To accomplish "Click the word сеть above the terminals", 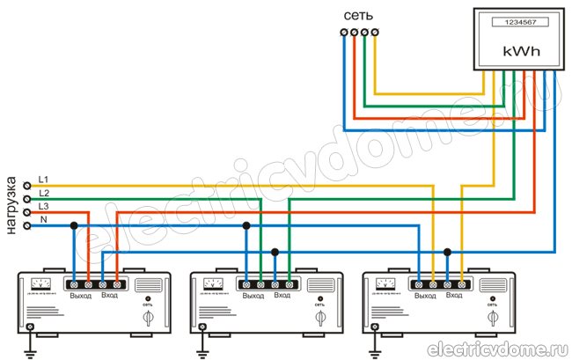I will coord(359,16).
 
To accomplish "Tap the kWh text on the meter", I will coord(517,52).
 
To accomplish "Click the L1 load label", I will coord(44,179).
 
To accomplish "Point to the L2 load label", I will coord(44,192).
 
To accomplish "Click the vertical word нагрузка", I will coord(11,203).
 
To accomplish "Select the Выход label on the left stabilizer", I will coord(81,295).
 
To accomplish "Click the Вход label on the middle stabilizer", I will coord(282,295).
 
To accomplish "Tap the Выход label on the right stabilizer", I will coord(425,295).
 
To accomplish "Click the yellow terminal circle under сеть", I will coord(376,33).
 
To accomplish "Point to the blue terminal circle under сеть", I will coord(343,33).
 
